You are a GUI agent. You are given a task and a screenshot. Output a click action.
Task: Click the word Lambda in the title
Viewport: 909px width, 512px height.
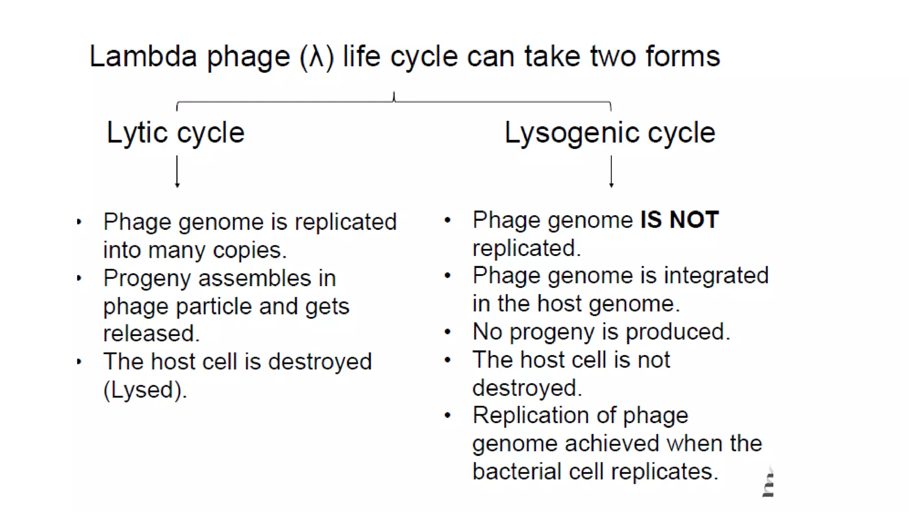tap(143, 56)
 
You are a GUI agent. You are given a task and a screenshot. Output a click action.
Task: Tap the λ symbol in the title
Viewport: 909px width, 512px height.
tap(316, 57)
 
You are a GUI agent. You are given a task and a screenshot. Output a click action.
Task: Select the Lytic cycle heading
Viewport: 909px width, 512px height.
tap(175, 132)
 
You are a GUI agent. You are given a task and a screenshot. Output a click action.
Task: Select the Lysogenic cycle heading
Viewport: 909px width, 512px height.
tap(610, 132)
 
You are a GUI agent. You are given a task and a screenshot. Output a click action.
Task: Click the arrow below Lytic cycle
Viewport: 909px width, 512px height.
tap(177, 172)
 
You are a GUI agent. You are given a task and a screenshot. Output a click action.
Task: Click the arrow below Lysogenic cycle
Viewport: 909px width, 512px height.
tap(611, 172)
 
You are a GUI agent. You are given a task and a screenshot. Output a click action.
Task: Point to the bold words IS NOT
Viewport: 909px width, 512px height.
tap(680, 220)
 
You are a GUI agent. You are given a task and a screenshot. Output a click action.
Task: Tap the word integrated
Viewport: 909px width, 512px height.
tap(716, 276)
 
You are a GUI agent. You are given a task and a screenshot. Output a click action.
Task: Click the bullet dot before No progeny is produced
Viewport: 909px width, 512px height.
tap(447, 332)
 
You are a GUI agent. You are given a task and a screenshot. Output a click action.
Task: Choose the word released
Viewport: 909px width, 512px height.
tap(151, 333)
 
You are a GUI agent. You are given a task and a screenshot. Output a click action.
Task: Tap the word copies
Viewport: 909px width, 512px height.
tap(249, 250)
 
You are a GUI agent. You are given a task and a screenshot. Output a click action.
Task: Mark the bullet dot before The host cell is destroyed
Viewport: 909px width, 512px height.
tap(79, 361)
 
